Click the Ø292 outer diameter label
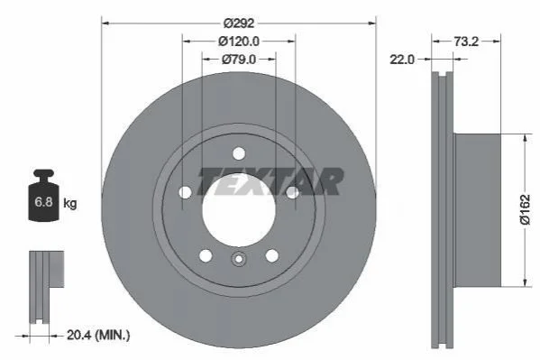click(x=239, y=23)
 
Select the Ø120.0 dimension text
click(x=239, y=42)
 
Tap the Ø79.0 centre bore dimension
click(x=239, y=60)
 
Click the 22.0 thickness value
click(x=402, y=60)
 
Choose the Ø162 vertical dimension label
click(x=525, y=209)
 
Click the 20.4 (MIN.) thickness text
click(x=98, y=335)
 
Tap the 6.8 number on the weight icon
click(x=43, y=201)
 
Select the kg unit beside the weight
click(x=70, y=203)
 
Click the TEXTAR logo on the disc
click(x=270, y=181)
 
